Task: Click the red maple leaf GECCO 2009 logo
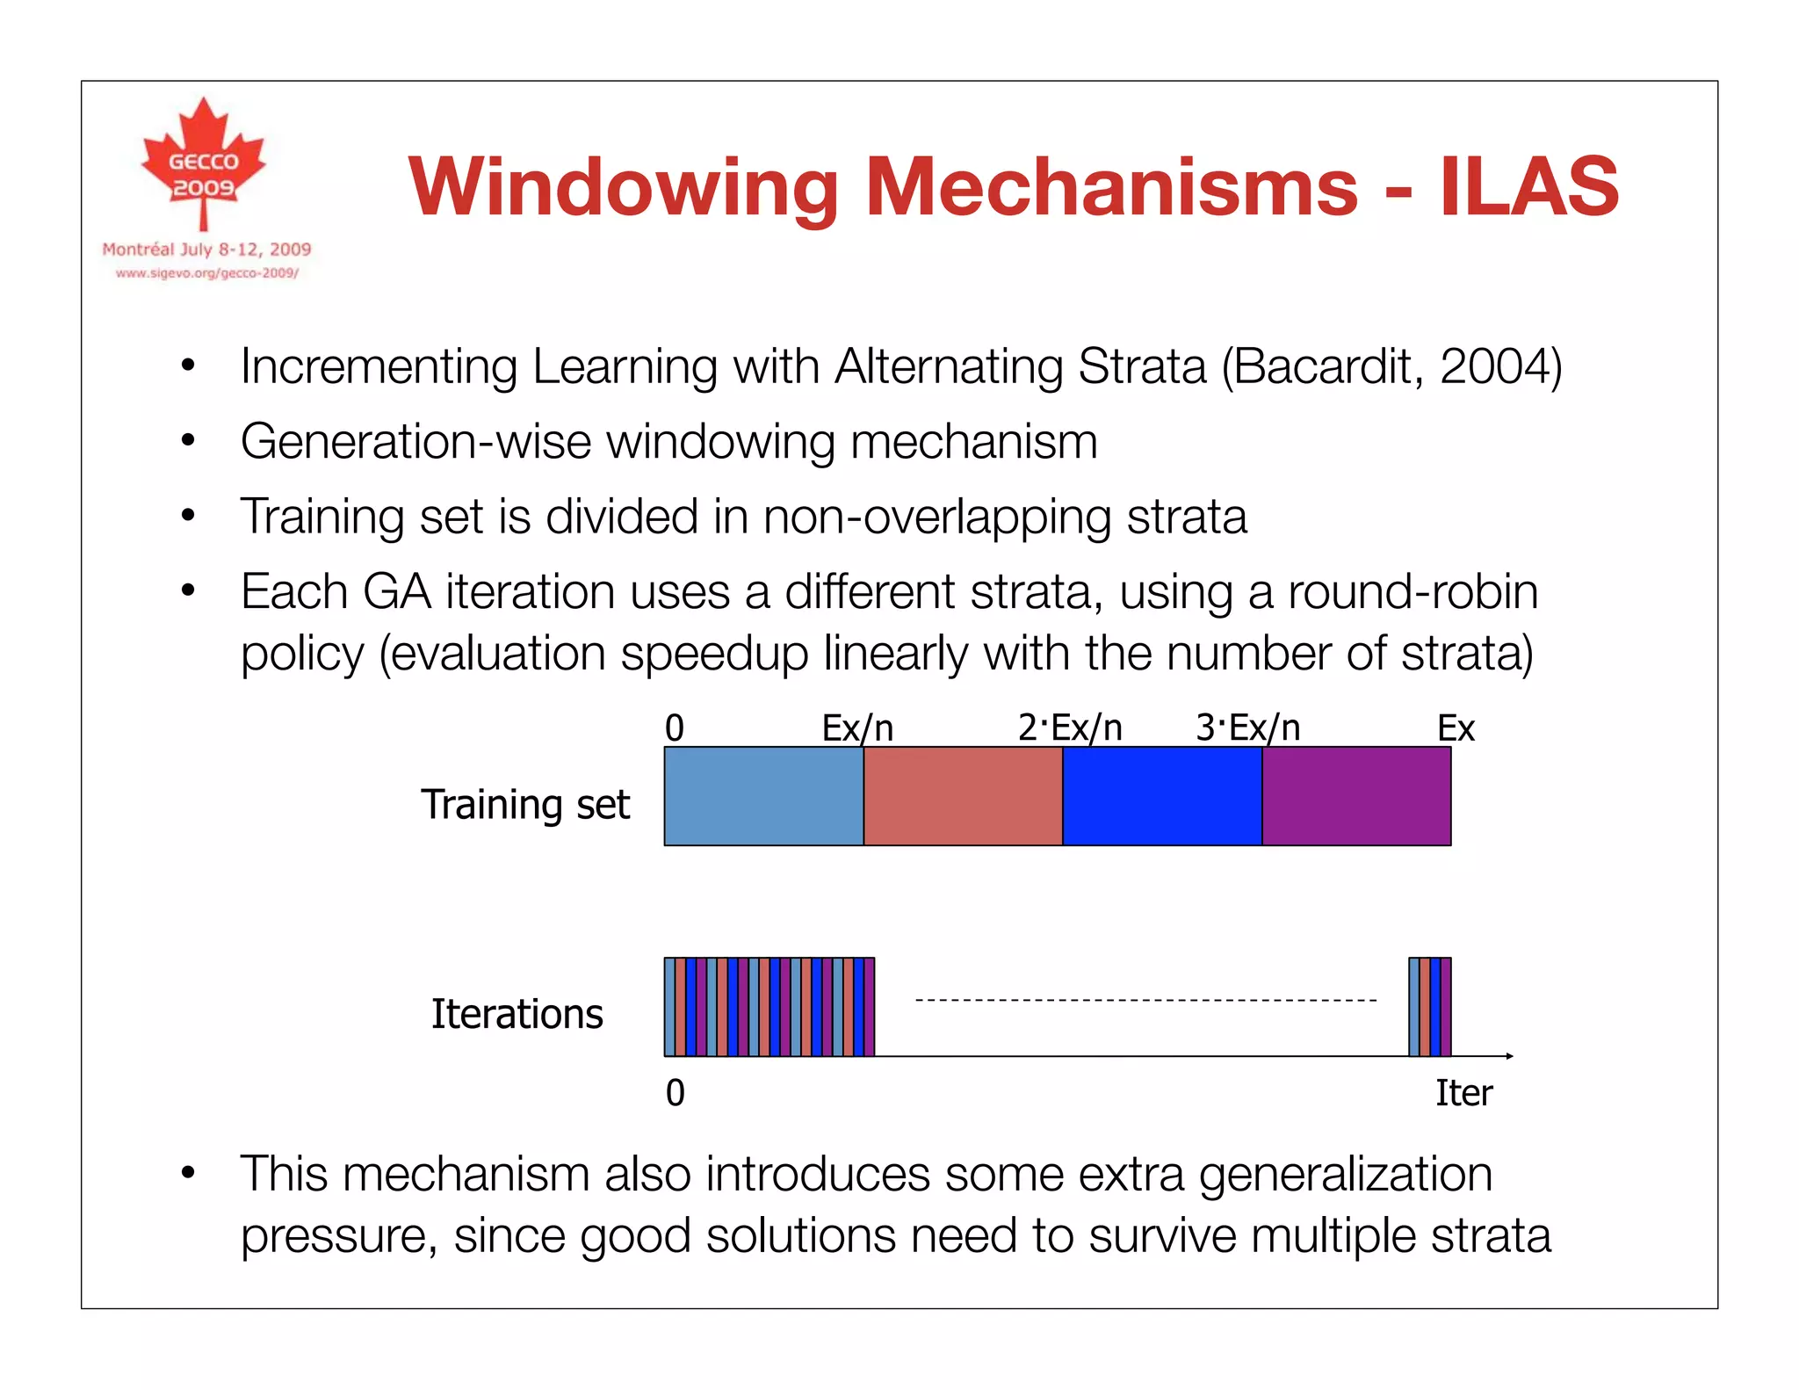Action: pyautogui.click(x=204, y=163)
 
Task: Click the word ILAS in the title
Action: pyautogui.click(x=1528, y=186)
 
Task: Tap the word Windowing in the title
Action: pyautogui.click(x=624, y=188)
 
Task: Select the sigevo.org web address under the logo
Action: pyautogui.click(x=207, y=273)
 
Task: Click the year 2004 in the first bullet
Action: pyautogui.click(x=1494, y=366)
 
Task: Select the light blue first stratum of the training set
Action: pyautogui.click(x=763, y=796)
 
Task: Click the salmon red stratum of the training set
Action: pyautogui.click(x=963, y=796)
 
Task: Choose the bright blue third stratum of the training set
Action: pyautogui.click(x=1162, y=796)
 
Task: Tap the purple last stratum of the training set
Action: pyautogui.click(x=1356, y=796)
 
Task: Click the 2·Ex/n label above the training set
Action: pyautogui.click(x=1070, y=728)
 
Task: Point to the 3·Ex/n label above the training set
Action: pyautogui.click(x=1247, y=728)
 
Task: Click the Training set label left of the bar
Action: pyautogui.click(x=525, y=805)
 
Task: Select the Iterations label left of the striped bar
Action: pyautogui.click(x=517, y=1014)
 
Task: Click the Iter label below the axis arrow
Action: pyautogui.click(x=1463, y=1093)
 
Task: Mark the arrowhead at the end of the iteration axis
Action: pyautogui.click(x=1509, y=1055)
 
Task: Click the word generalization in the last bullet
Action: pyautogui.click(x=1346, y=1174)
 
